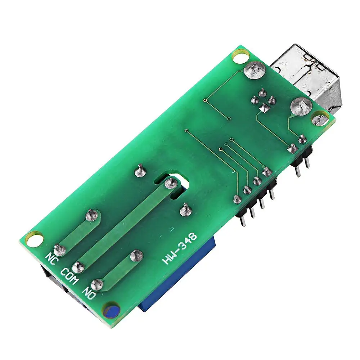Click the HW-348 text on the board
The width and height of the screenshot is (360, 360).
pos(180,249)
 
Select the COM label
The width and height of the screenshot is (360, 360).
pos(69,276)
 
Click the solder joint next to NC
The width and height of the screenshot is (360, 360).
pos(60,250)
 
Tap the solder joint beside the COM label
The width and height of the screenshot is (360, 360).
pos(78,267)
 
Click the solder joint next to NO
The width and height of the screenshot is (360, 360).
pos(97,285)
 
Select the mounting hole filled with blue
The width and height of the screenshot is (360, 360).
pos(111,311)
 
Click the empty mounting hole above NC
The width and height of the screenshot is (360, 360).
pos(34,239)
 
